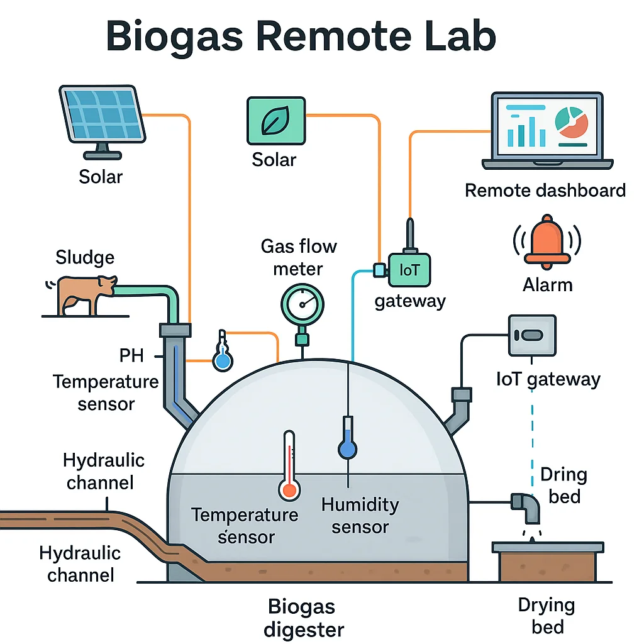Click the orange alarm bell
pos(547,243)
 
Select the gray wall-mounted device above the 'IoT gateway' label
pos(532,336)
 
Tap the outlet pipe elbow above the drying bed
pos(526,506)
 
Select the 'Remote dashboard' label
pos(545,190)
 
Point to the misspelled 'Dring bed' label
pos(563,485)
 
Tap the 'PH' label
pos(131,356)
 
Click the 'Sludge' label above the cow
pos(85,257)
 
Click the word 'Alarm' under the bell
pos(547,285)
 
